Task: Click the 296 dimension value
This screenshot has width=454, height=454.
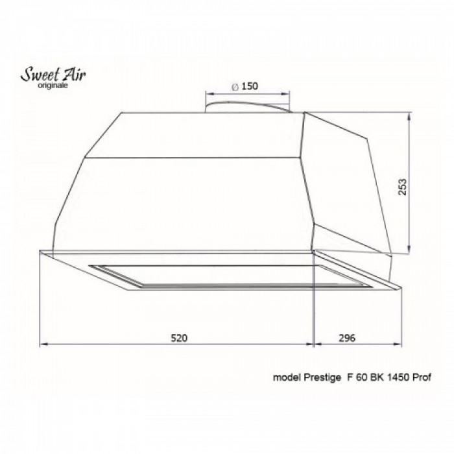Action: (348, 338)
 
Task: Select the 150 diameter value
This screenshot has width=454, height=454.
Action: (243, 87)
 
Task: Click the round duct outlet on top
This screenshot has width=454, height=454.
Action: (246, 106)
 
